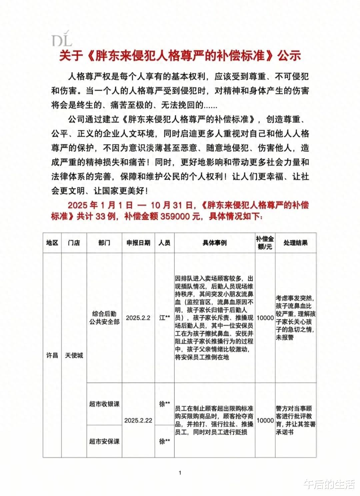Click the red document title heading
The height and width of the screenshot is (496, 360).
click(180, 56)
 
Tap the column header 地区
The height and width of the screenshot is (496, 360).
click(52, 243)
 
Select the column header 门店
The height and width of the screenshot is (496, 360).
click(74, 243)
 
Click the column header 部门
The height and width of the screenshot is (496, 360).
click(104, 243)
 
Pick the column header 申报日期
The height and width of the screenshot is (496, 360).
click(138, 243)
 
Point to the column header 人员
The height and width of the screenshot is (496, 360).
click(164, 243)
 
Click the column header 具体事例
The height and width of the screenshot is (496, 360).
click(214, 243)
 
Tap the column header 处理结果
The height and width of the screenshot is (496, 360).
click(295, 243)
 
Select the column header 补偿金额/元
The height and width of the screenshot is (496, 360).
click(265, 243)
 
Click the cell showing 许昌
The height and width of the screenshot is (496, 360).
click(52, 355)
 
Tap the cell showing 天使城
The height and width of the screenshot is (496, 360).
click(74, 355)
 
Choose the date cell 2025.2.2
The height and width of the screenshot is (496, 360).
click(138, 318)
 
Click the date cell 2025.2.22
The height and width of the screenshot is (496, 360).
click(138, 420)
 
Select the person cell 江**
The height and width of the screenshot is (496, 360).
click(164, 318)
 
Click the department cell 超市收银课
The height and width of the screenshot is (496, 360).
click(104, 404)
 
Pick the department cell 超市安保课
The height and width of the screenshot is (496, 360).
click(104, 441)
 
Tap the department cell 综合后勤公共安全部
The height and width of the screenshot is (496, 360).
click(104, 318)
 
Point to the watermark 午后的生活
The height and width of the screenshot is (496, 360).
click(328, 484)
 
